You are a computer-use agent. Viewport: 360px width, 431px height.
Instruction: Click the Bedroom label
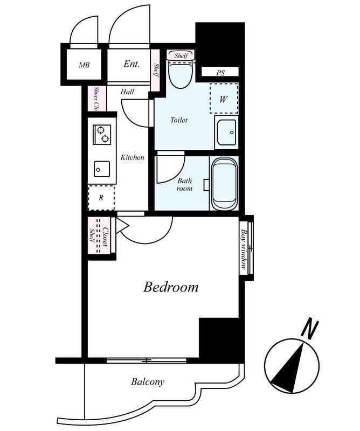coord(170,287)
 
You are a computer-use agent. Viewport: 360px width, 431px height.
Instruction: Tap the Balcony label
coord(148,382)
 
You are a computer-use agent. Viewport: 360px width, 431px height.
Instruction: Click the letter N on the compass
coord(310,328)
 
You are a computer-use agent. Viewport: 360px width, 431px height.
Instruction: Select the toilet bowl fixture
coord(181,74)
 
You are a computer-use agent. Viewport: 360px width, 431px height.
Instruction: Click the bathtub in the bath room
coord(224,183)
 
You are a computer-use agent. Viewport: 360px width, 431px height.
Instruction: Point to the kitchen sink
coord(102,169)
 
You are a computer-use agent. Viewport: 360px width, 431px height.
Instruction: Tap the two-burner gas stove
coord(102,134)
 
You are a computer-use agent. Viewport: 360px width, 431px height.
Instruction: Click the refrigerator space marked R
coord(101,198)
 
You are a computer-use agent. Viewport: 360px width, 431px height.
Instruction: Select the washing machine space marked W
coord(224,98)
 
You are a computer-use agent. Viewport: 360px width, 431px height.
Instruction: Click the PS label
coord(220,73)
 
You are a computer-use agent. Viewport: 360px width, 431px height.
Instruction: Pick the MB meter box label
coord(84,65)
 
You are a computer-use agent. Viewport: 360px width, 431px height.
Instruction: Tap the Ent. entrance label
coord(131,64)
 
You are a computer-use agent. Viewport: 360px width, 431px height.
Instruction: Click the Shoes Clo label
coord(96,99)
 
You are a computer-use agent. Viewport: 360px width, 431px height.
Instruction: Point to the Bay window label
coord(244,249)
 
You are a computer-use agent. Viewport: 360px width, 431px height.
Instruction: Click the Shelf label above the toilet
coord(181,55)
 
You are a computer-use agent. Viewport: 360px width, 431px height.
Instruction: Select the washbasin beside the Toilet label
coord(226,132)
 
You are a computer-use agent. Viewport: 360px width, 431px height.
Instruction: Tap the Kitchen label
coord(132,157)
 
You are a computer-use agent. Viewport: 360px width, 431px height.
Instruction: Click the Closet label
coord(105,237)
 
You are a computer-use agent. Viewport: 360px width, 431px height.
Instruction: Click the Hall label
coord(127,92)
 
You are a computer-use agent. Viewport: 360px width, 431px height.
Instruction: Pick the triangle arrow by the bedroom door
coord(122,225)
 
